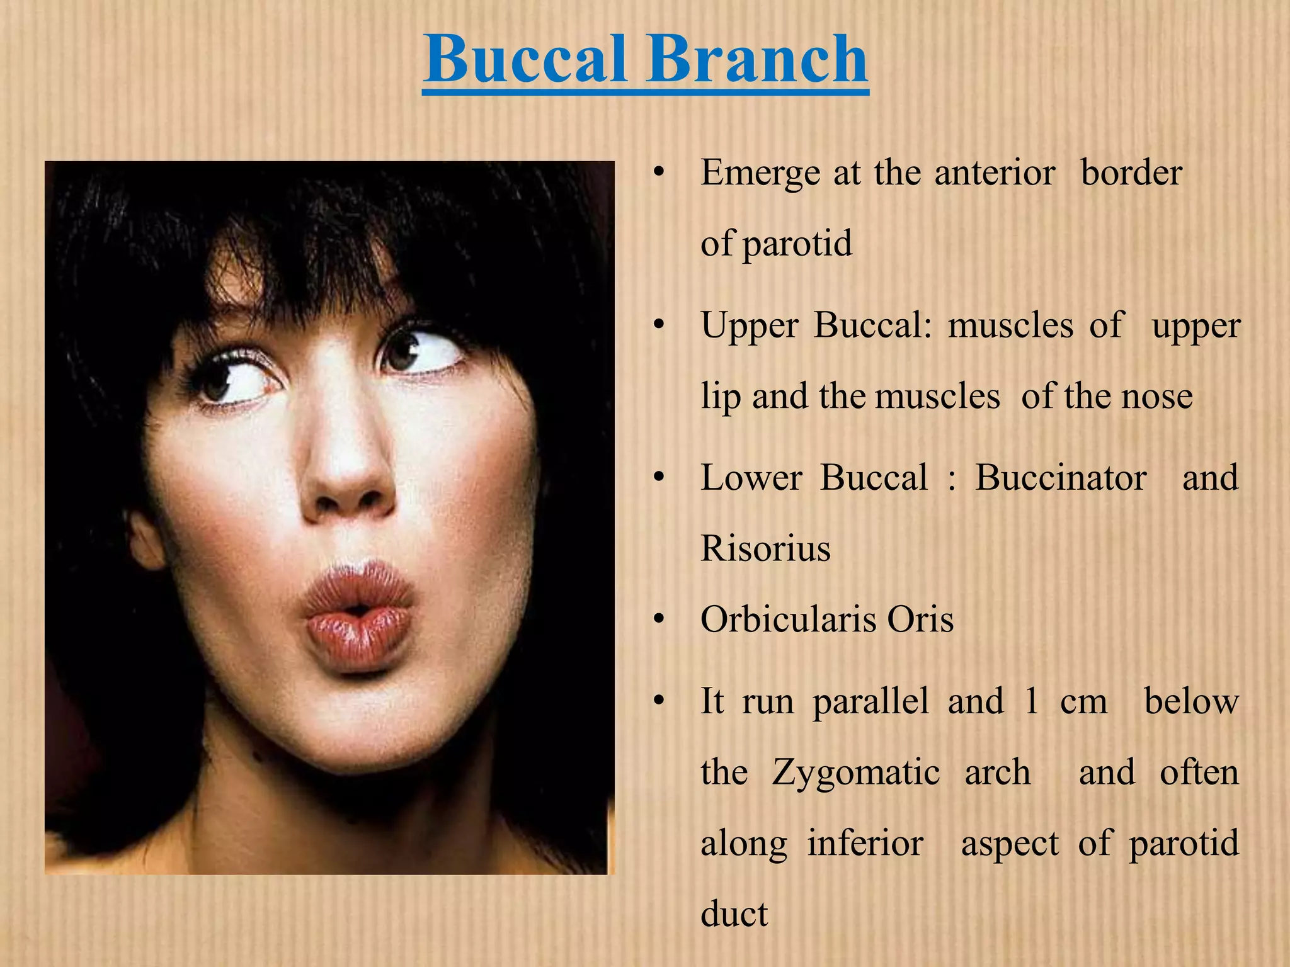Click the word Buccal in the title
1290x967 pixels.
[526, 60]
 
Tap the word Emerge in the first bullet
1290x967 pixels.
[760, 173]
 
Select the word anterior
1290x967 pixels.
[995, 173]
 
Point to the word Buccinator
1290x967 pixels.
[1061, 478]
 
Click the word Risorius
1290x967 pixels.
[765, 548]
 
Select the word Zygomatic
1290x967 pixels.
[856, 772]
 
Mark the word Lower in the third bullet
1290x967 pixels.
[751, 478]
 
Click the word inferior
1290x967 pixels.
[865, 844]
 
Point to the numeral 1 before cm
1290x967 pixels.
[1031, 701]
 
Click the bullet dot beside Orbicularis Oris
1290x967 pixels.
[659, 620]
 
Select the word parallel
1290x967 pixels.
[870, 701]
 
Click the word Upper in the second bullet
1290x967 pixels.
[750, 326]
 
